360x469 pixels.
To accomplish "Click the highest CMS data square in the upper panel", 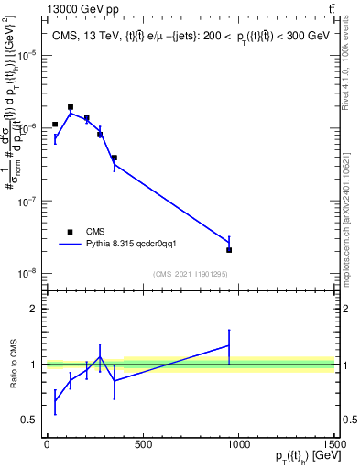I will pos(71,107).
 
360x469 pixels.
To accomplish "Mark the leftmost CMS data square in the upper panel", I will pos(55,125).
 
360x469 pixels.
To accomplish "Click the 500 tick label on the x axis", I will pos(141,444).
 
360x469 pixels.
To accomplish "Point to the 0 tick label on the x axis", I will pos(47,444).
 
